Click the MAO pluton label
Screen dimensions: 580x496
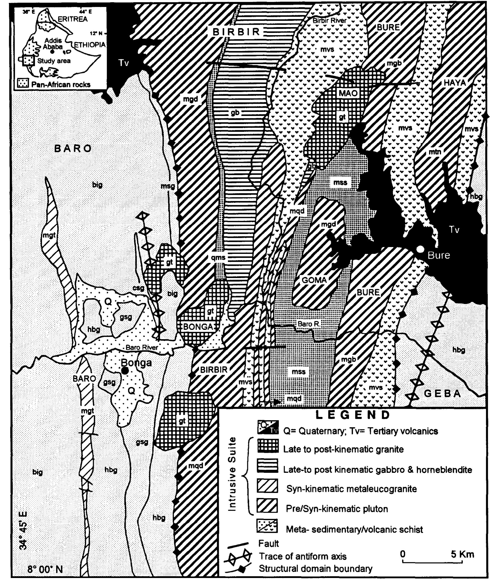click(x=348, y=93)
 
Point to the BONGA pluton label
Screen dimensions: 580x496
click(x=198, y=326)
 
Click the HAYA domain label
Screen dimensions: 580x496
click(x=454, y=83)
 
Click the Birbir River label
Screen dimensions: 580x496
click(x=329, y=20)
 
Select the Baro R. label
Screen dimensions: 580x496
click(x=308, y=324)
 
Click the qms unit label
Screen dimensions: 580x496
click(x=218, y=258)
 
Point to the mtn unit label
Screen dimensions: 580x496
click(x=435, y=152)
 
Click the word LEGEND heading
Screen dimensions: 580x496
click(x=353, y=415)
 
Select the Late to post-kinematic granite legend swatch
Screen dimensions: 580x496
click(x=268, y=446)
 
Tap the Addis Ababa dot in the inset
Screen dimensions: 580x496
click(x=52, y=52)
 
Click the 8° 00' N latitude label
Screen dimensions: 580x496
click(x=45, y=569)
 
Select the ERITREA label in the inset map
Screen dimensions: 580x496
click(x=73, y=19)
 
